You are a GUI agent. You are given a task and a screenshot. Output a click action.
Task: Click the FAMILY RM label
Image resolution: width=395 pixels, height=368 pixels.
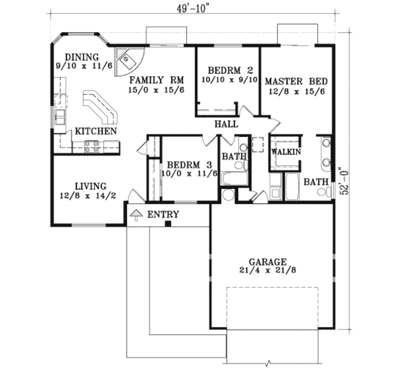(x=156, y=80)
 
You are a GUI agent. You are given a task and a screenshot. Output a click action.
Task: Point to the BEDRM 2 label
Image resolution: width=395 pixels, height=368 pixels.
(x=230, y=71)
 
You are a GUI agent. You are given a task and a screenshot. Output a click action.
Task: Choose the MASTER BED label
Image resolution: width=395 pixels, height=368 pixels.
(x=296, y=81)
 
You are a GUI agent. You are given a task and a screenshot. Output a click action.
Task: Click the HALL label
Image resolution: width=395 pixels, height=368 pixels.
(x=226, y=124)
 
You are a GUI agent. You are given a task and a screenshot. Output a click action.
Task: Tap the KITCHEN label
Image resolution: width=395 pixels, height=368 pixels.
(x=96, y=131)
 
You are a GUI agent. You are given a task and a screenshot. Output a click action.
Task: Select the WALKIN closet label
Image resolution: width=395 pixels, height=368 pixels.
(x=286, y=152)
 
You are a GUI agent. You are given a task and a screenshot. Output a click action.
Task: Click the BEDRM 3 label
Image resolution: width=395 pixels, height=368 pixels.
(x=189, y=165)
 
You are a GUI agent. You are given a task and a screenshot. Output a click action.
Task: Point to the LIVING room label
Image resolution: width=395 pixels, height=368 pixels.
(x=91, y=186)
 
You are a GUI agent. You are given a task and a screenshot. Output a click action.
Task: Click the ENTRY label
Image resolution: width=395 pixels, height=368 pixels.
(x=163, y=214)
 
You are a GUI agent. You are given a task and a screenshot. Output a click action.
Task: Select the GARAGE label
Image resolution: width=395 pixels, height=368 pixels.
(x=267, y=262)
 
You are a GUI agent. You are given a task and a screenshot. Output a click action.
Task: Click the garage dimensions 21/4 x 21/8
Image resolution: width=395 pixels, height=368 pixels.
(x=267, y=270)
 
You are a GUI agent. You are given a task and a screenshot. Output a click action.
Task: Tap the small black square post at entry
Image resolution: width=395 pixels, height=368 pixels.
(x=168, y=224)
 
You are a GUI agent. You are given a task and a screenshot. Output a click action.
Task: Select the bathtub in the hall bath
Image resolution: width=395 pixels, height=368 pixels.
(x=234, y=179)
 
